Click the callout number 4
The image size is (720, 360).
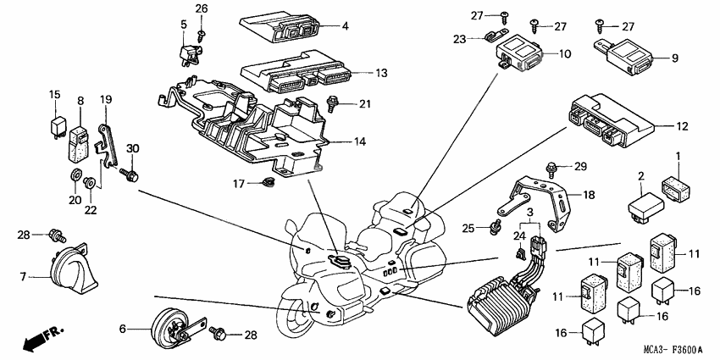pyautogui.click(x=346, y=27)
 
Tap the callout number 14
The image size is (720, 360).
pyautogui.click(x=361, y=141)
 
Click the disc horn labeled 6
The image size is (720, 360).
pyautogui.click(x=169, y=327)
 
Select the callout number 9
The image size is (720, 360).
pyautogui.click(x=675, y=58)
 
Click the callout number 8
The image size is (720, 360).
pyautogui.click(x=81, y=101)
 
